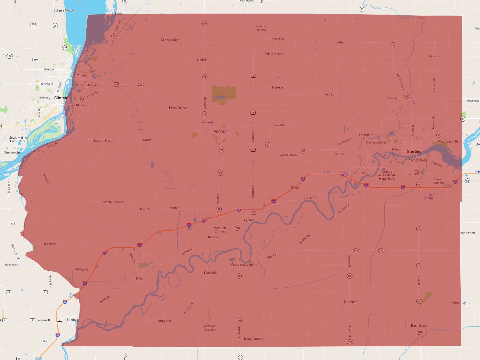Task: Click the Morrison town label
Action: (221, 131)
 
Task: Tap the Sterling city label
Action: (414, 152)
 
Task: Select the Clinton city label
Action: (60, 98)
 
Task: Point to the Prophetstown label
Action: (242, 264)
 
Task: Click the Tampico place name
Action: (350, 302)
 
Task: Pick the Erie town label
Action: (139, 279)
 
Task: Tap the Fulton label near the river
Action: (81, 76)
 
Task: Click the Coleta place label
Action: (338, 42)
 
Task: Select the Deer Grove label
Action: (419, 326)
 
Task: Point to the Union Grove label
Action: (177, 108)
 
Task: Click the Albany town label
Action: (39, 151)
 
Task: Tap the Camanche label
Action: (12, 152)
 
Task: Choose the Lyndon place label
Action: (249, 220)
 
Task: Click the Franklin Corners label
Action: (260, 28)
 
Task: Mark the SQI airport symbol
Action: (430, 195)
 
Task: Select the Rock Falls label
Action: (419, 160)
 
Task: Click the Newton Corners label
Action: (112, 202)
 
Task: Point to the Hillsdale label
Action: (72, 320)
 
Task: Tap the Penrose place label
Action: (434, 57)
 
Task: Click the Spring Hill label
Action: (163, 321)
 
